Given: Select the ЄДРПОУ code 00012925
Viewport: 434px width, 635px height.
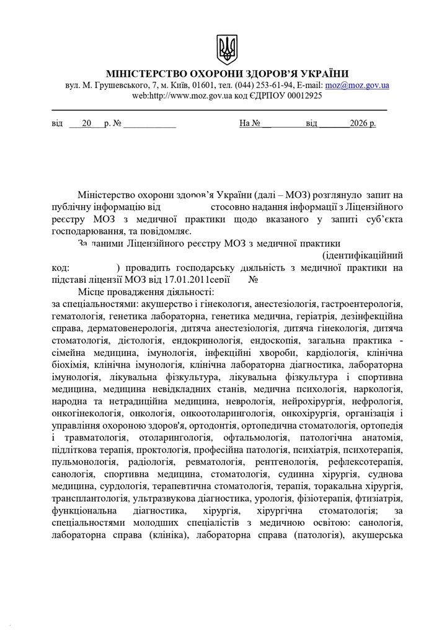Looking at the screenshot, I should click(x=302, y=95).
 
